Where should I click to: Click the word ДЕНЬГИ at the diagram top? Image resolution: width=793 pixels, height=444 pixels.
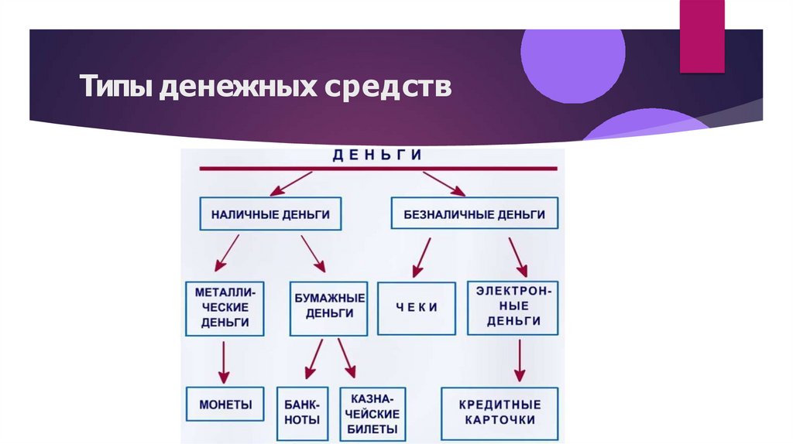click(377, 155)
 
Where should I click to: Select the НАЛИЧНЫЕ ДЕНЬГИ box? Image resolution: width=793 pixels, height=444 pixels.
click(270, 214)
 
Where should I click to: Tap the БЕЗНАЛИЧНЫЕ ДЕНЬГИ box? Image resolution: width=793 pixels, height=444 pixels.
click(474, 214)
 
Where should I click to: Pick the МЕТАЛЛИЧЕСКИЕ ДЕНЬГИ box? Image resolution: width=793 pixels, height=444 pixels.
click(225, 308)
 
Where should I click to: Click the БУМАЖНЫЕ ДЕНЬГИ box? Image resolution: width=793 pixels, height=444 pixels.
click(329, 307)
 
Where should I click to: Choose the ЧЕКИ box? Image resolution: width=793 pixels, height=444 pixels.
click(417, 307)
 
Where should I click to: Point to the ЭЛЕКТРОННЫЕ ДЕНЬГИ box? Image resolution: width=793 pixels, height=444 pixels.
click(513, 307)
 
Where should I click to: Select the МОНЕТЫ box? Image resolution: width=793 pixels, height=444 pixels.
click(225, 405)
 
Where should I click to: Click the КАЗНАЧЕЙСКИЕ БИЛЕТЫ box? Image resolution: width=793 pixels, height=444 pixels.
click(374, 413)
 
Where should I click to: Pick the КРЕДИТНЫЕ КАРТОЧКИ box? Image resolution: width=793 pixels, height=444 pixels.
click(499, 412)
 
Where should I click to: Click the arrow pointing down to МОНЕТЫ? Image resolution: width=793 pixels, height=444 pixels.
click(224, 361)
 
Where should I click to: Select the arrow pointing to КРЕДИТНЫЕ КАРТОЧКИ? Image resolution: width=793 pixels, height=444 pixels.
click(520, 361)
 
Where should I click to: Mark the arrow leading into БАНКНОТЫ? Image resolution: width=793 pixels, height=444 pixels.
click(314, 360)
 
